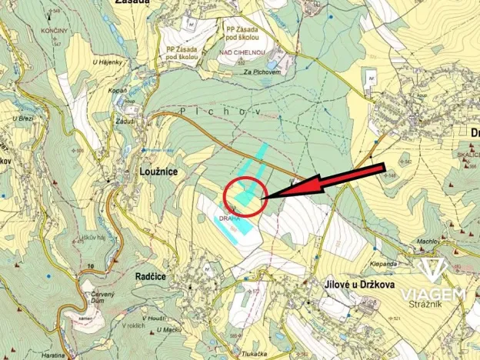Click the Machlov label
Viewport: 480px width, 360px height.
pos(428,242)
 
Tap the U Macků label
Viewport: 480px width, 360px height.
pos(168,330)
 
